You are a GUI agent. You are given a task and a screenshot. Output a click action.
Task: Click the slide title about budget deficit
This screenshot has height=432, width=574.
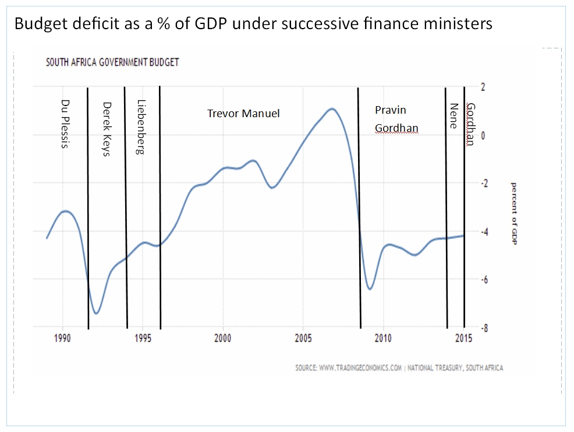[253, 24]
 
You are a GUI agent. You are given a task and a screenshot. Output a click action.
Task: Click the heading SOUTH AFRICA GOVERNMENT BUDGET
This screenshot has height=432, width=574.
[112, 62]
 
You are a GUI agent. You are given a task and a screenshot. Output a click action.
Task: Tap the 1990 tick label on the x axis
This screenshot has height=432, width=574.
[62, 339]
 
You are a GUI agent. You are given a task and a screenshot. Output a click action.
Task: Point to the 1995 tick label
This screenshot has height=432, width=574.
[143, 339]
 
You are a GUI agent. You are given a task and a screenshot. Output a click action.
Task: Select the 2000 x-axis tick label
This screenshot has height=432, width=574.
[223, 339]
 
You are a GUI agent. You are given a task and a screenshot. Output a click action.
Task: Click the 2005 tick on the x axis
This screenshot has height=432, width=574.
[303, 339]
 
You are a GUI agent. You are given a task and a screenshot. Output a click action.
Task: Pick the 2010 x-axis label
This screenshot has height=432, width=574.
[383, 339]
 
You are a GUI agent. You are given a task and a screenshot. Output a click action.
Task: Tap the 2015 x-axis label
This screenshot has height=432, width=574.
[463, 339]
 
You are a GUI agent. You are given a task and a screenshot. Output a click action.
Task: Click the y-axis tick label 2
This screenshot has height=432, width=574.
[482, 87]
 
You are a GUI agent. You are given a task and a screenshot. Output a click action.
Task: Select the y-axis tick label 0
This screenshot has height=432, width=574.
[482, 135]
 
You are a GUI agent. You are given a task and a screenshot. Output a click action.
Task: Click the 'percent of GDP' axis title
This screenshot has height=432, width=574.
[514, 213]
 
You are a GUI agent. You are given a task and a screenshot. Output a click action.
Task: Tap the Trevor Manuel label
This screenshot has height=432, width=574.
[243, 113]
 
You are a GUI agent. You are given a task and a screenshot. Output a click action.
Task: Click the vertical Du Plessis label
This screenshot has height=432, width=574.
[65, 123]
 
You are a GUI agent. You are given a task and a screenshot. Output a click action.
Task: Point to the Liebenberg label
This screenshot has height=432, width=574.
[141, 127]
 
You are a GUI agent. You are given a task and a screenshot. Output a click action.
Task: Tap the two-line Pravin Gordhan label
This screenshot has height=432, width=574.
[396, 119]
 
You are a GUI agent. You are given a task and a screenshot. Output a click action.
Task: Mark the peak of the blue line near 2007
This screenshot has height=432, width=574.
[332, 108]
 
